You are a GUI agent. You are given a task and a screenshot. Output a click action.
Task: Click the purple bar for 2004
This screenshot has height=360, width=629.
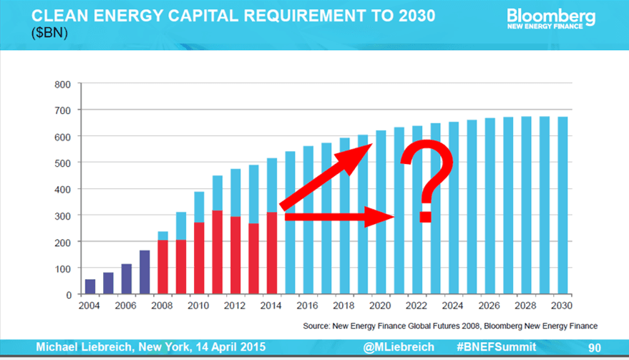tap(89, 286)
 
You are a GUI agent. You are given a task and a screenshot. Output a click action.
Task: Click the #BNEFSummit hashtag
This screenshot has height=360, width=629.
tap(496, 347)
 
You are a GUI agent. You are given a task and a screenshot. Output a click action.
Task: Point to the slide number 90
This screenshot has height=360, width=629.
tap(594, 347)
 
